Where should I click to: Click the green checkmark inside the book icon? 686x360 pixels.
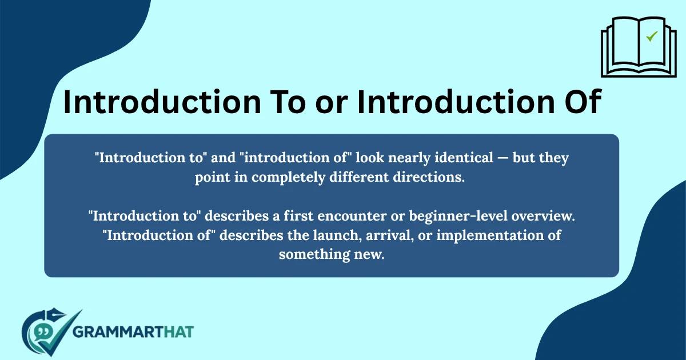pyautogui.click(x=651, y=37)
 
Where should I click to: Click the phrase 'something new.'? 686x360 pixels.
pyautogui.click(x=332, y=254)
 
